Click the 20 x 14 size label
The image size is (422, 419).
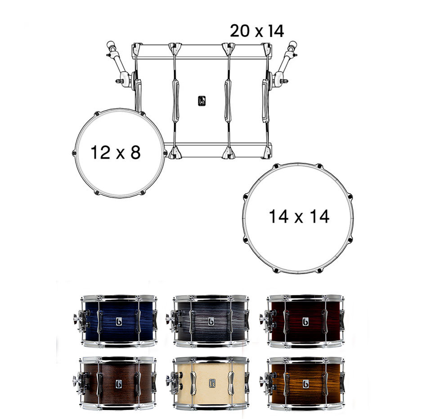point(257,31)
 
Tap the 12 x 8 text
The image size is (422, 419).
point(116,152)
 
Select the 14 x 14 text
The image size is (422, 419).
point(299,217)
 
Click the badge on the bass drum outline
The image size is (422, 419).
point(202,101)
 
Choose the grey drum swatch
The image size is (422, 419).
point(211,321)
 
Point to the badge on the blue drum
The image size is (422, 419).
point(119,321)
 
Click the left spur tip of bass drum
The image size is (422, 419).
point(109,45)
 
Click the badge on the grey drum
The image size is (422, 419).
point(211,321)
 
